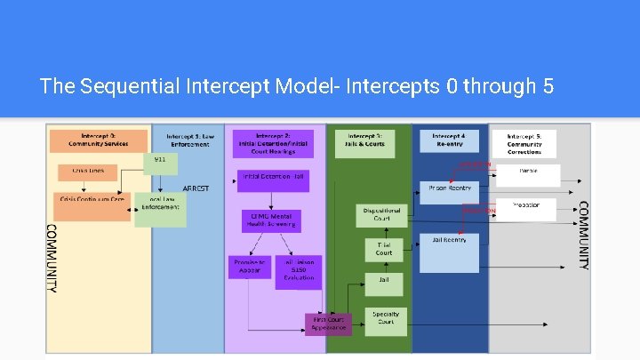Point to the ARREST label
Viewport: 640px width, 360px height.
(196, 188)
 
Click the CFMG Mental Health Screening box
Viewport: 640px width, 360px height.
(273, 220)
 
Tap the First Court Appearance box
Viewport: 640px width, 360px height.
(329, 324)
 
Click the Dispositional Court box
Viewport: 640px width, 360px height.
(382, 214)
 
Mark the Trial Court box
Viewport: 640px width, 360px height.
(383, 248)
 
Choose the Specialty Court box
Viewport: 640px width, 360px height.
(386, 318)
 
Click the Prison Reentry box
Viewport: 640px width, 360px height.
(448, 188)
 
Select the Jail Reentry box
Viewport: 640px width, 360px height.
(449, 252)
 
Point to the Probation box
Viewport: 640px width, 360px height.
(527, 209)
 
